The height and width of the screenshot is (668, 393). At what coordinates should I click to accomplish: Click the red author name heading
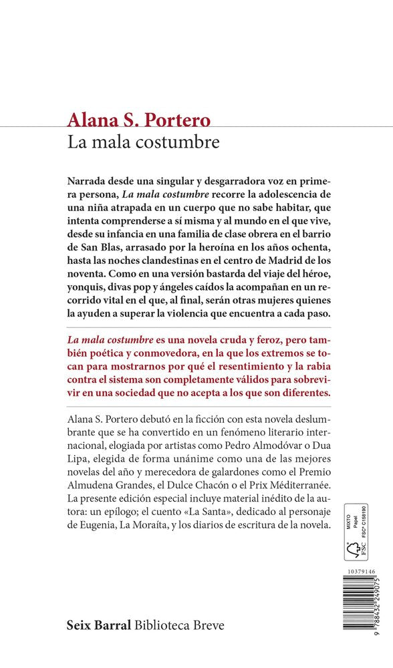click(x=138, y=120)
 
